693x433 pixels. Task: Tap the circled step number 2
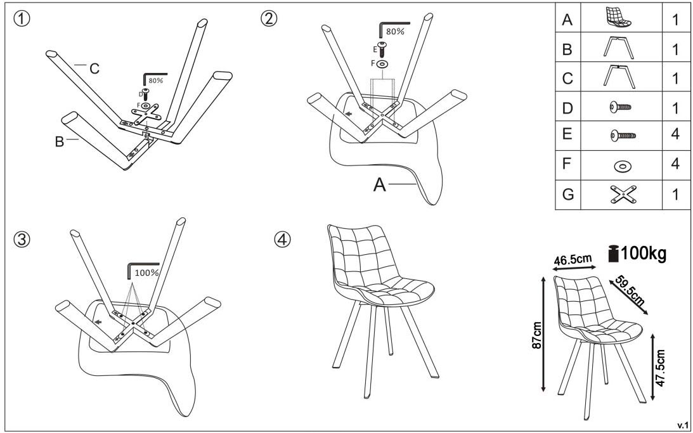pyautogui.click(x=269, y=19)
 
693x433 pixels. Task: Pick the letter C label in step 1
pyautogui.click(x=94, y=69)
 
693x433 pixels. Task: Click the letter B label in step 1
pyautogui.click(x=60, y=142)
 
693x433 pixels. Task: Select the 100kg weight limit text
pyautogui.click(x=644, y=254)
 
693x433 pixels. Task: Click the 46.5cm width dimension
pyautogui.click(x=573, y=259)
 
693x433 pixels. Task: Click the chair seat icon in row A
pyautogui.click(x=618, y=19)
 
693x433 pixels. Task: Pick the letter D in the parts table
pyautogui.click(x=567, y=107)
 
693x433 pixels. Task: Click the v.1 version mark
pyautogui.click(x=683, y=423)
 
